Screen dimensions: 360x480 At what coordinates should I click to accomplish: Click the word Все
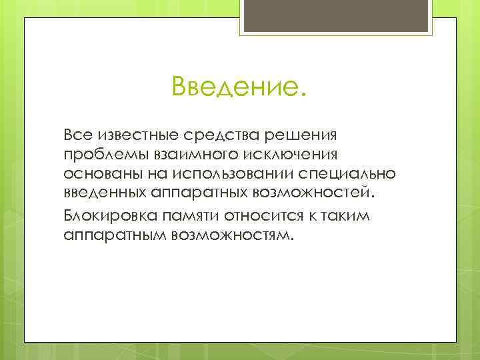pos(78,135)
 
